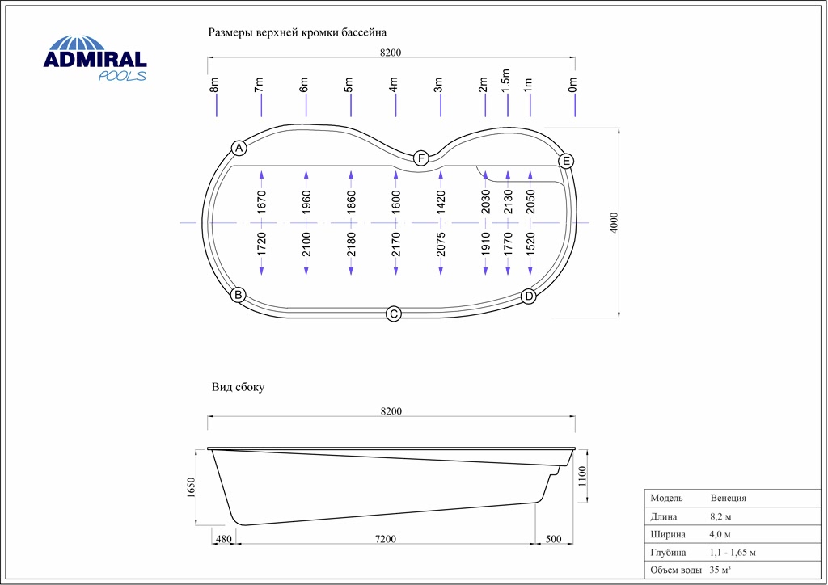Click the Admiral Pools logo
point(95,58)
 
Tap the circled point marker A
point(239,148)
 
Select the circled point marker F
point(420,158)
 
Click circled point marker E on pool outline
point(566,161)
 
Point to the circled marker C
point(394,314)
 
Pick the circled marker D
point(529,297)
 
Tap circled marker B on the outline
point(239,294)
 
